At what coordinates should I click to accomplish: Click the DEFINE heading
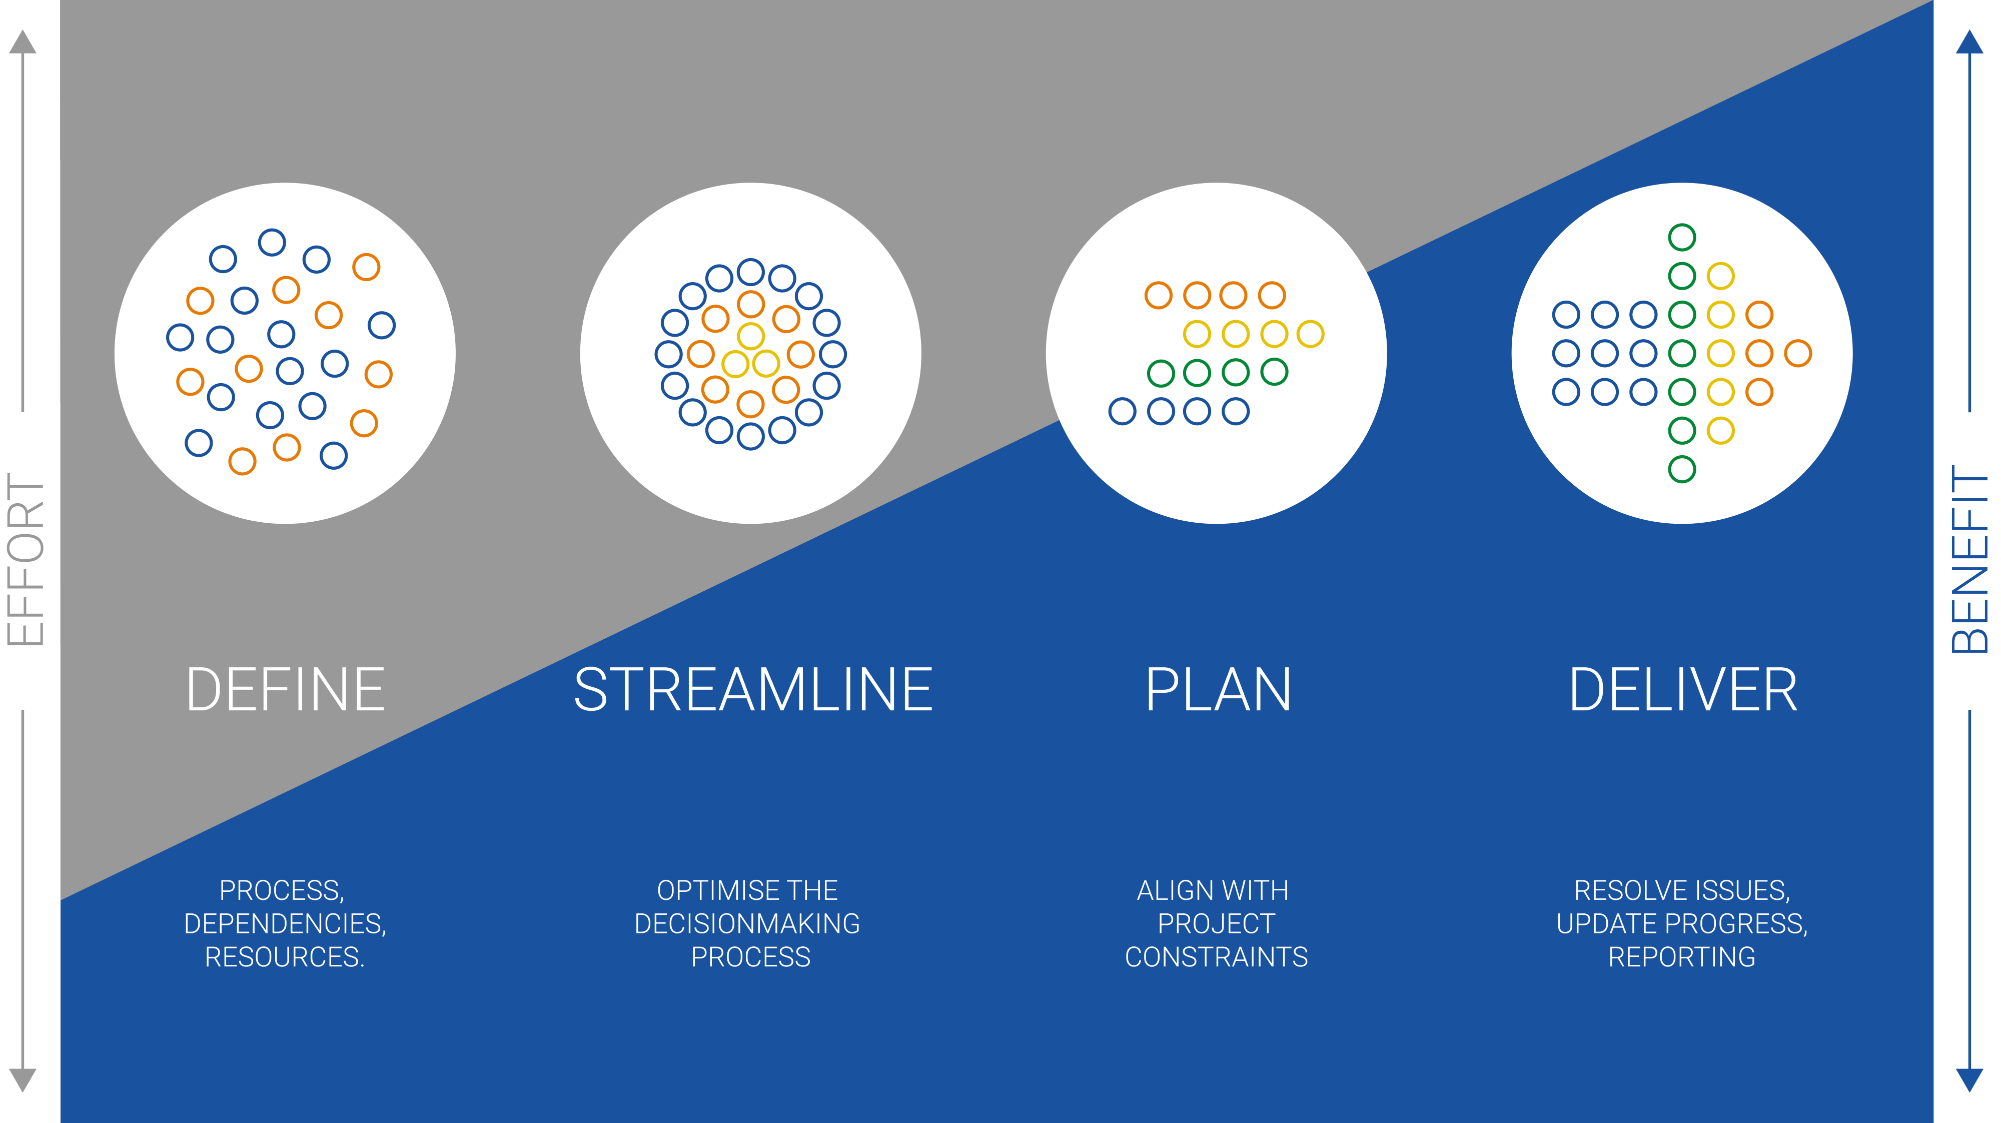pyautogui.click(x=285, y=690)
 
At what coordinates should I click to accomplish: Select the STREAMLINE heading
pyautogui.click(x=753, y=690)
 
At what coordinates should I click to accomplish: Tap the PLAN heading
pyautogui.click(x=1217, y=690)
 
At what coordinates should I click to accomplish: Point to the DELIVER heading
pyautogui.click(x=1682, y=690)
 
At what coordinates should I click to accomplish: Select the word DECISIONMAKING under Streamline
pyautogui.click(x=747, y=923)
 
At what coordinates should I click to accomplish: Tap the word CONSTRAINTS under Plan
pyautogui.click(x=1217, y=957)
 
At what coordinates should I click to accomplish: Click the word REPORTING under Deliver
pyautogui.click(x=1682, y=957)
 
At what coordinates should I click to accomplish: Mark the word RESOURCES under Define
pyautogui.click(x=284, y=957)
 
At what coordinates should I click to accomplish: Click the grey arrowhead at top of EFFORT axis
pyautogui.click(x=23, y=42)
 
